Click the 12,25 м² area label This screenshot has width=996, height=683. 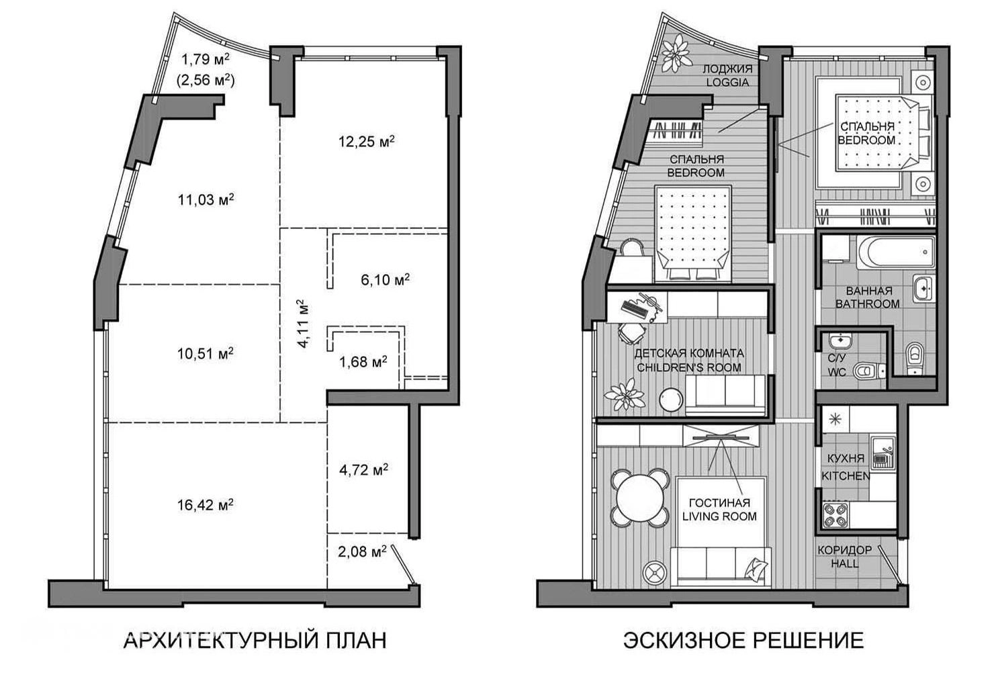[367, 142]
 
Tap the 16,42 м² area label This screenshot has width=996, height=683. [206, 504]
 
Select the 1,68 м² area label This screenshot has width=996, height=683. [363, 362]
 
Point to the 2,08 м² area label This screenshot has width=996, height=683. [362, 551]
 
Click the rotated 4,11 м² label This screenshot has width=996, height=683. [302, 323]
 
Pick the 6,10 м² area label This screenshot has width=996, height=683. [385, 279]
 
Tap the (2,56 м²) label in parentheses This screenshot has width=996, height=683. [206, 81]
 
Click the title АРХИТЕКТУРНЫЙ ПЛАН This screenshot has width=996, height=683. [255, 641]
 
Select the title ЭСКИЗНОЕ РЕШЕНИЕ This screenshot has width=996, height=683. [743, 641]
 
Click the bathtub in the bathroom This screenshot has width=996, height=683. [896, 252]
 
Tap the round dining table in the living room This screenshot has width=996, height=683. [640, 498]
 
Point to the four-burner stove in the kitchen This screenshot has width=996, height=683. [835, 515]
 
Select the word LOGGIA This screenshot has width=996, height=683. [727, 83]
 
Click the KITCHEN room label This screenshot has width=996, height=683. [846, 476]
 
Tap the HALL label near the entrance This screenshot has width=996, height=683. [845, 564]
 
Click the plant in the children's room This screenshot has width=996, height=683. [625, 395]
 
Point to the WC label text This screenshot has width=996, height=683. [837, 371]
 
